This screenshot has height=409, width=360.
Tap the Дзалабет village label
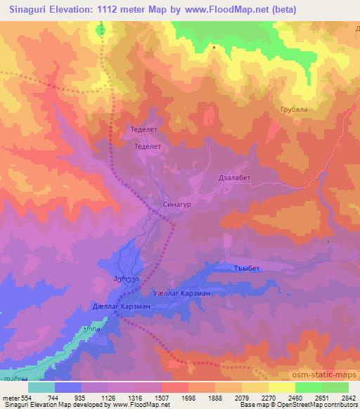[236, 178]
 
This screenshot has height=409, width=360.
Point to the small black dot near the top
[214, 48]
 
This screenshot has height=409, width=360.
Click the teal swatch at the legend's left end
[41, 387]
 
